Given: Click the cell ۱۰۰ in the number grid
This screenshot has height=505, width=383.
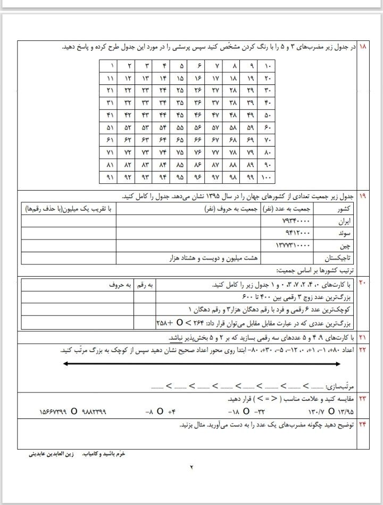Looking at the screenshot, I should pyautogui.click(x=267, y=177).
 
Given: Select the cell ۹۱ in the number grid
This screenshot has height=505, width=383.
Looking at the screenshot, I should pyautogui.click(x=110, y=177).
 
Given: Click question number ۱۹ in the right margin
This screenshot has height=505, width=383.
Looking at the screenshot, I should pyautogui.click(x=363, y=196).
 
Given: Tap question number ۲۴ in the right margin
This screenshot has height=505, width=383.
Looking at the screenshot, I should pyautogui.click(x=363, y=426).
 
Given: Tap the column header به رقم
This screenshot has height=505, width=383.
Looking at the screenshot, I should pyautogui.click(x=144, y=285).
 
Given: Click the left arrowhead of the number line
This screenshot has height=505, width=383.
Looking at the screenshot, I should pyautogui.click(x=64, y=364).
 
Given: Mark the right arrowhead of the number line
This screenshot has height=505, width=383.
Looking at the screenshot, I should pyautogui.click(x=339, y=364).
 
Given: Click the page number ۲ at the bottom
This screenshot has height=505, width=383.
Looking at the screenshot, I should pyautogui.click(x=192, y=467).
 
